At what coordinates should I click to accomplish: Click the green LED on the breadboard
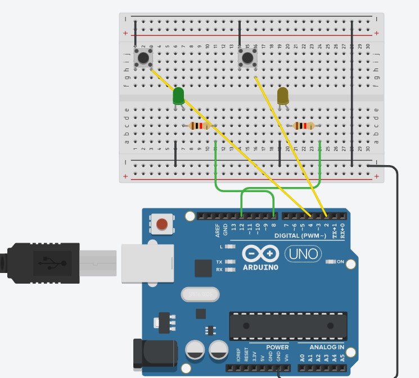(178, 95)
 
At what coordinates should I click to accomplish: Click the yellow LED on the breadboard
(283, 95)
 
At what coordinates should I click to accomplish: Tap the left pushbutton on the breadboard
(144, 57)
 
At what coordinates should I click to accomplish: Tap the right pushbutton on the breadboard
(247, 57)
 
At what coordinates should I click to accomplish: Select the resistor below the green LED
(199, 126)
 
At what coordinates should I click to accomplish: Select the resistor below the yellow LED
(304, 126)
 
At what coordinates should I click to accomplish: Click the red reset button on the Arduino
(162, 225)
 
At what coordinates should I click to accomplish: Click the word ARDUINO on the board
(260, 267)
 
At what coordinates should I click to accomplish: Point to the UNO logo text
(304, 254)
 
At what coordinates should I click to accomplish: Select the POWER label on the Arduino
(277, 347)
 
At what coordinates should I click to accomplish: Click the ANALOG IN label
(326, 347)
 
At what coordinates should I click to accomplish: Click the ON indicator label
(340, 262)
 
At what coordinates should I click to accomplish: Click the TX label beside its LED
(219, 262)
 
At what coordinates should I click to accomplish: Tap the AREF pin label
(218, 230)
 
